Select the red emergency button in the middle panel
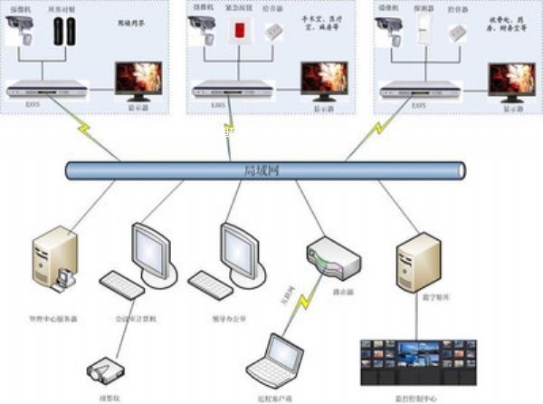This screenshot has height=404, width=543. click(x=241, y=30)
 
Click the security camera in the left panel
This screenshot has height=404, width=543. click(x=21, y=28)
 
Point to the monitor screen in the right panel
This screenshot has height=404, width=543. click(x=511, y=80)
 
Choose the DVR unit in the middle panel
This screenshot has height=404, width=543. click(x=232, y=89)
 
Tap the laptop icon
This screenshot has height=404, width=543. click(x=275, y=357)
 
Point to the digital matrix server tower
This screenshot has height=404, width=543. click(x=416, y=261)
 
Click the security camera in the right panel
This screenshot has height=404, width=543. click(x=390, y=28)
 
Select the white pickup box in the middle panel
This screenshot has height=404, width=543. click(x=272, y=31)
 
